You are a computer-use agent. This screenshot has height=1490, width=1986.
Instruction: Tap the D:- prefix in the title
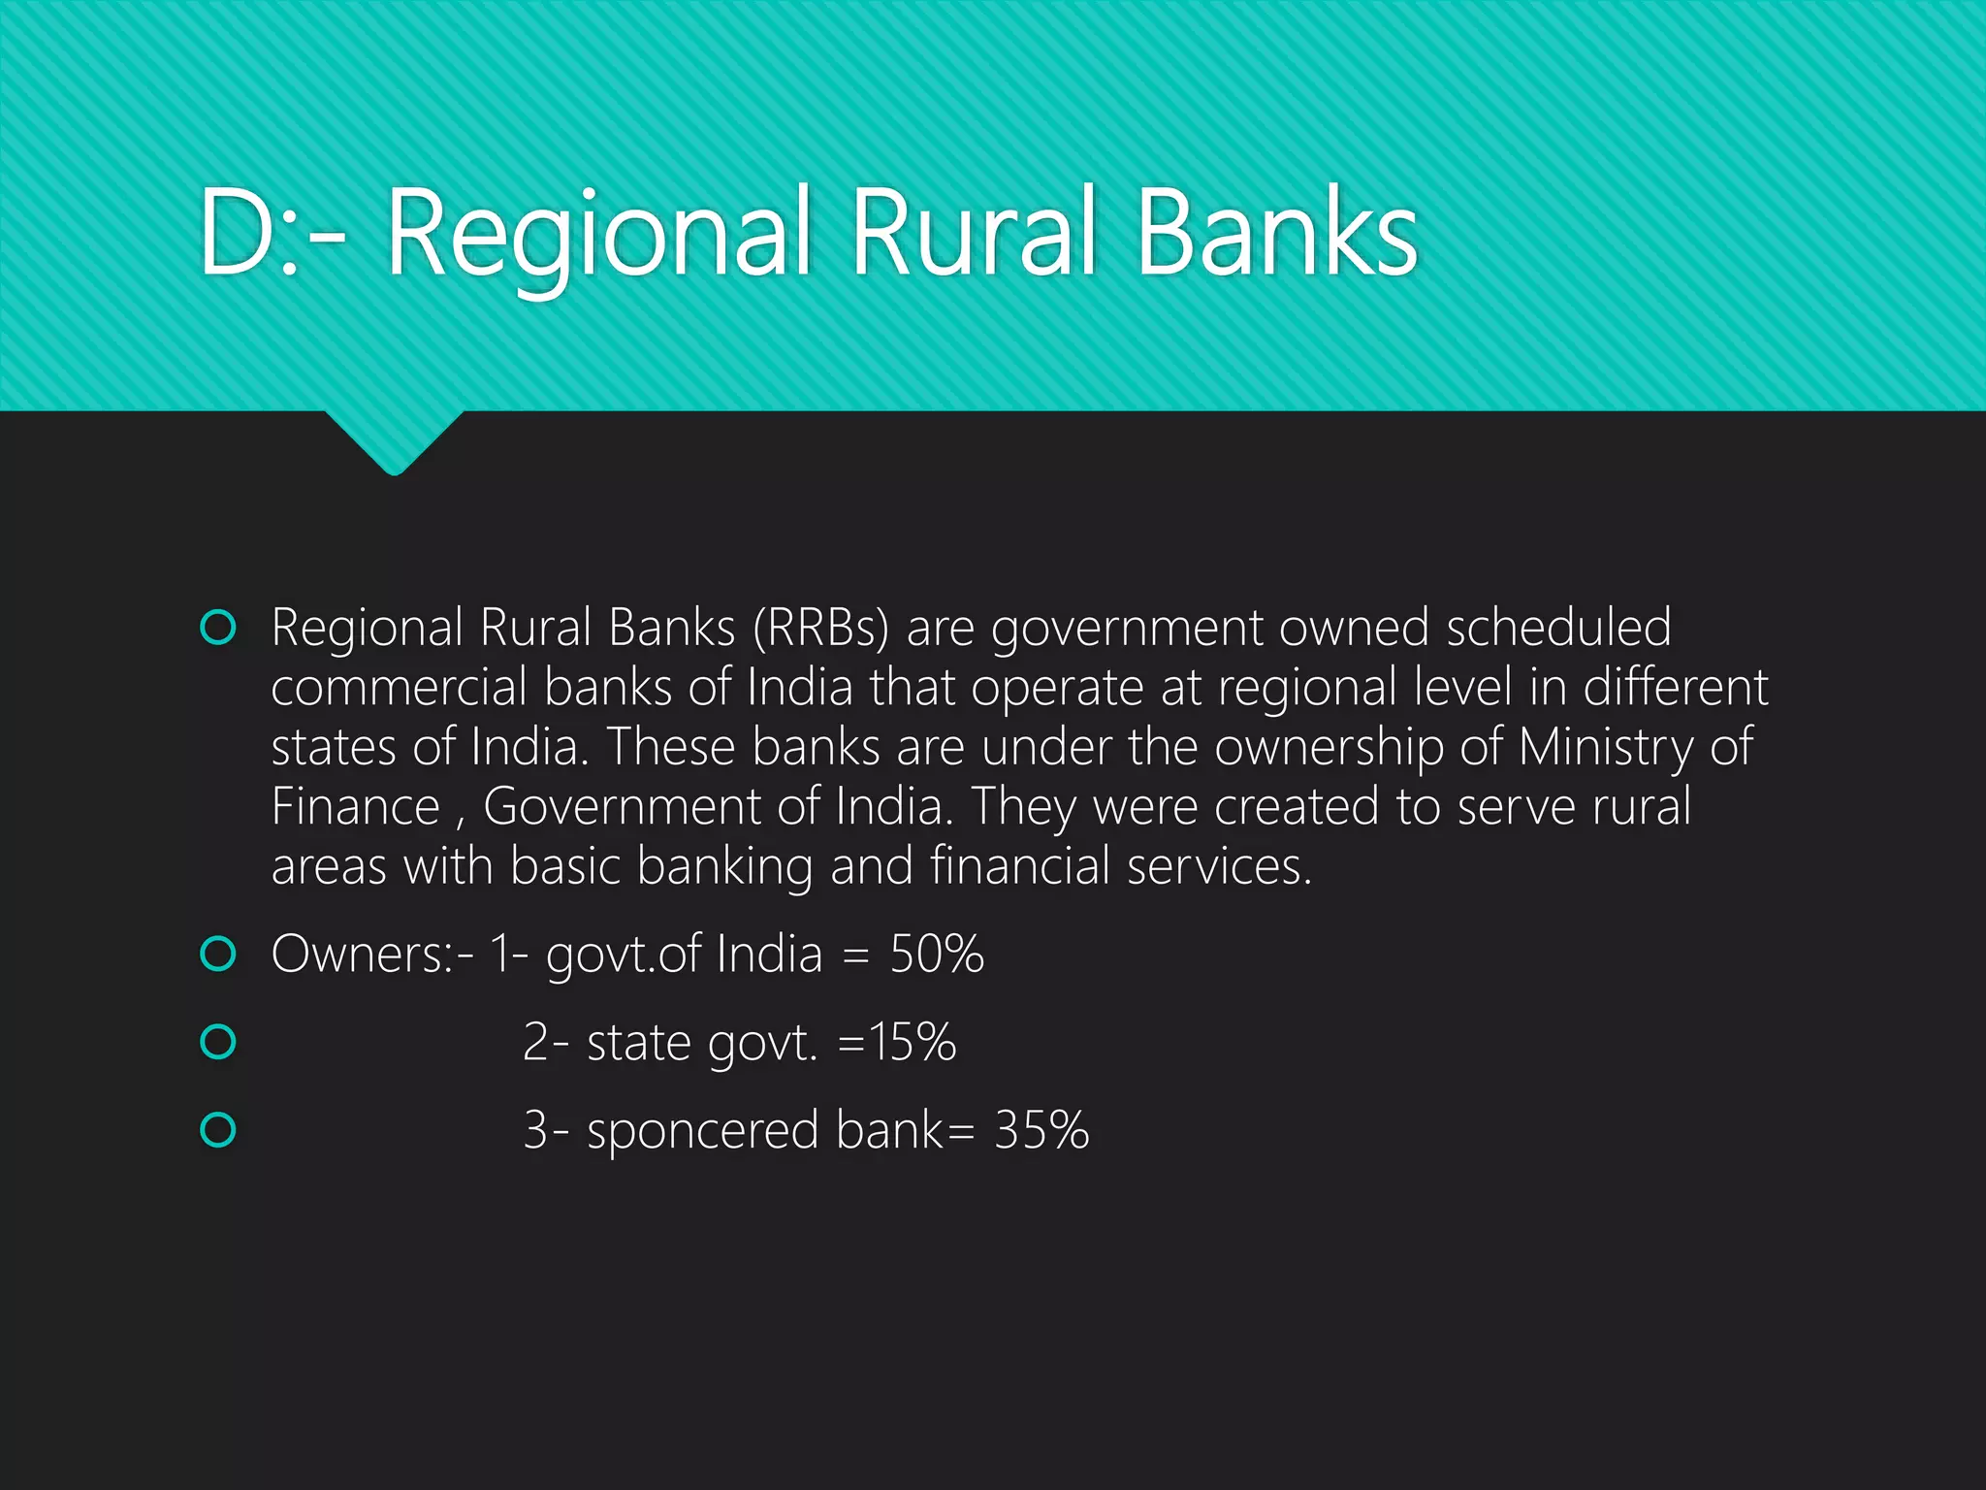[272, 233]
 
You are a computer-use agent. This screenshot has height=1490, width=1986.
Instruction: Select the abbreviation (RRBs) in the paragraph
[820, 628]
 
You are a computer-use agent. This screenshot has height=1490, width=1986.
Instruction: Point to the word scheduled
[1558, 628]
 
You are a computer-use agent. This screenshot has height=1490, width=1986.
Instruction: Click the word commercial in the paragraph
[398, 688]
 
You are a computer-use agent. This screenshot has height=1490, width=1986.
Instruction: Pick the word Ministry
[1605, 748]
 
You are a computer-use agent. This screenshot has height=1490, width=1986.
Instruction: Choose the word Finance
[355, 807]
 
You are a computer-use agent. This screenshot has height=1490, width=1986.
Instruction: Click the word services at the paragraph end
[1217, 866]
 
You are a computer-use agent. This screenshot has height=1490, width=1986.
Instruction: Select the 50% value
[937, 955]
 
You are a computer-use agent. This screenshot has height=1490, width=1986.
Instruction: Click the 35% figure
[1041, 1131]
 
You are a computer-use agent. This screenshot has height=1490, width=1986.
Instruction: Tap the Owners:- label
[372, 955]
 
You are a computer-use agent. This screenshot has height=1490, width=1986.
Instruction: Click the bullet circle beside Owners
[218, 955]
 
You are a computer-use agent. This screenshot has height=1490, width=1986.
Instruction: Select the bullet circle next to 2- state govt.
[218, 1043]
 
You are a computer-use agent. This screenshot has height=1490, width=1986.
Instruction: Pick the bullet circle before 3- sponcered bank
[218, 1131]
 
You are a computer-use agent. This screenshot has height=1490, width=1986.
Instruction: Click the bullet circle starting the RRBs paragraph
[218, 628]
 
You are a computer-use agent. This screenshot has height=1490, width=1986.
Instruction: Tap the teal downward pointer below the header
[394, 441]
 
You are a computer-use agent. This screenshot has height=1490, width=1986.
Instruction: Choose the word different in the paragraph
[1675, 688]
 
